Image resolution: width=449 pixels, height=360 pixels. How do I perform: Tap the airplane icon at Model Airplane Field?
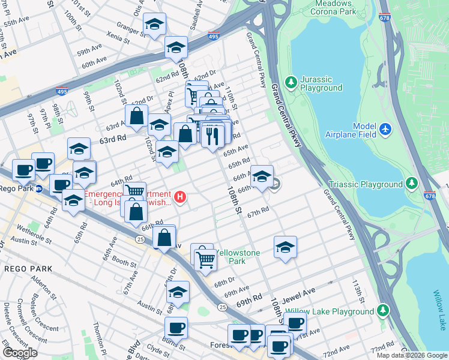(385, 129)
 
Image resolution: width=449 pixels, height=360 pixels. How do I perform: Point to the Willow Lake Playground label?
(330, 311)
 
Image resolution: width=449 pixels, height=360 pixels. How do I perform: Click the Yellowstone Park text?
(238, 257)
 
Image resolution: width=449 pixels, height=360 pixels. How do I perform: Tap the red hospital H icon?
(179, 196)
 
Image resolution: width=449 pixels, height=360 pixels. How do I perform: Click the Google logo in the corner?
(20, 353)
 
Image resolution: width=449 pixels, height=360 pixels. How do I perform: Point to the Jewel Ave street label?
(300, 292)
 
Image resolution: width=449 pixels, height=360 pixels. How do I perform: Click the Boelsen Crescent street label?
(38, 311)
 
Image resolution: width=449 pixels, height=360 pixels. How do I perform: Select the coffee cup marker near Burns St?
(176, 328)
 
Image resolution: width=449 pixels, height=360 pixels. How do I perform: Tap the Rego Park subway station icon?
(38, 188)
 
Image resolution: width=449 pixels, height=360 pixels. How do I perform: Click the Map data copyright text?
(412, 355)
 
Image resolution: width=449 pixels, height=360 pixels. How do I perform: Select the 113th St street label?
(358, 290)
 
